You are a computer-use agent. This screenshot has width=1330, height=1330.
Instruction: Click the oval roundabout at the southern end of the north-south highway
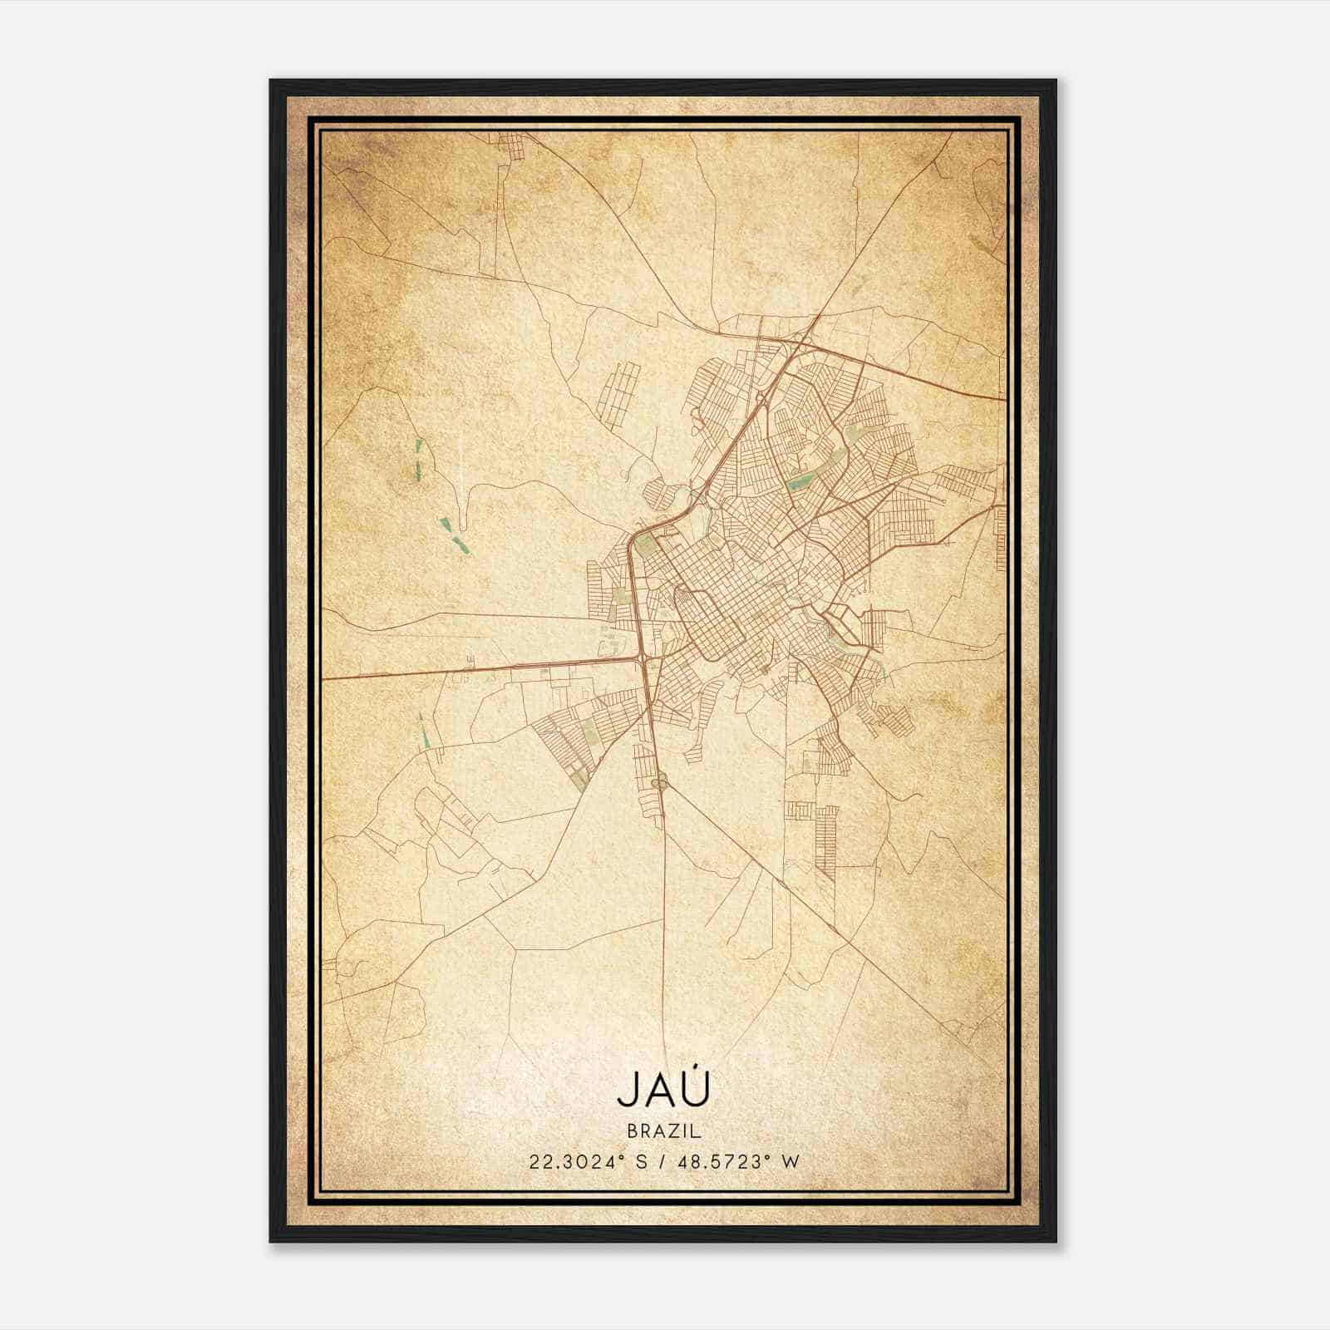pyautogui.click(x=661, y=781)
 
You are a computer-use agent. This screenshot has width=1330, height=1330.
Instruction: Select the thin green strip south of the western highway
pyautogui.click(x=424, y=731)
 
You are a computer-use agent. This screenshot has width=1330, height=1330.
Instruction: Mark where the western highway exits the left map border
pyautogui.click(x=324, y=678)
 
